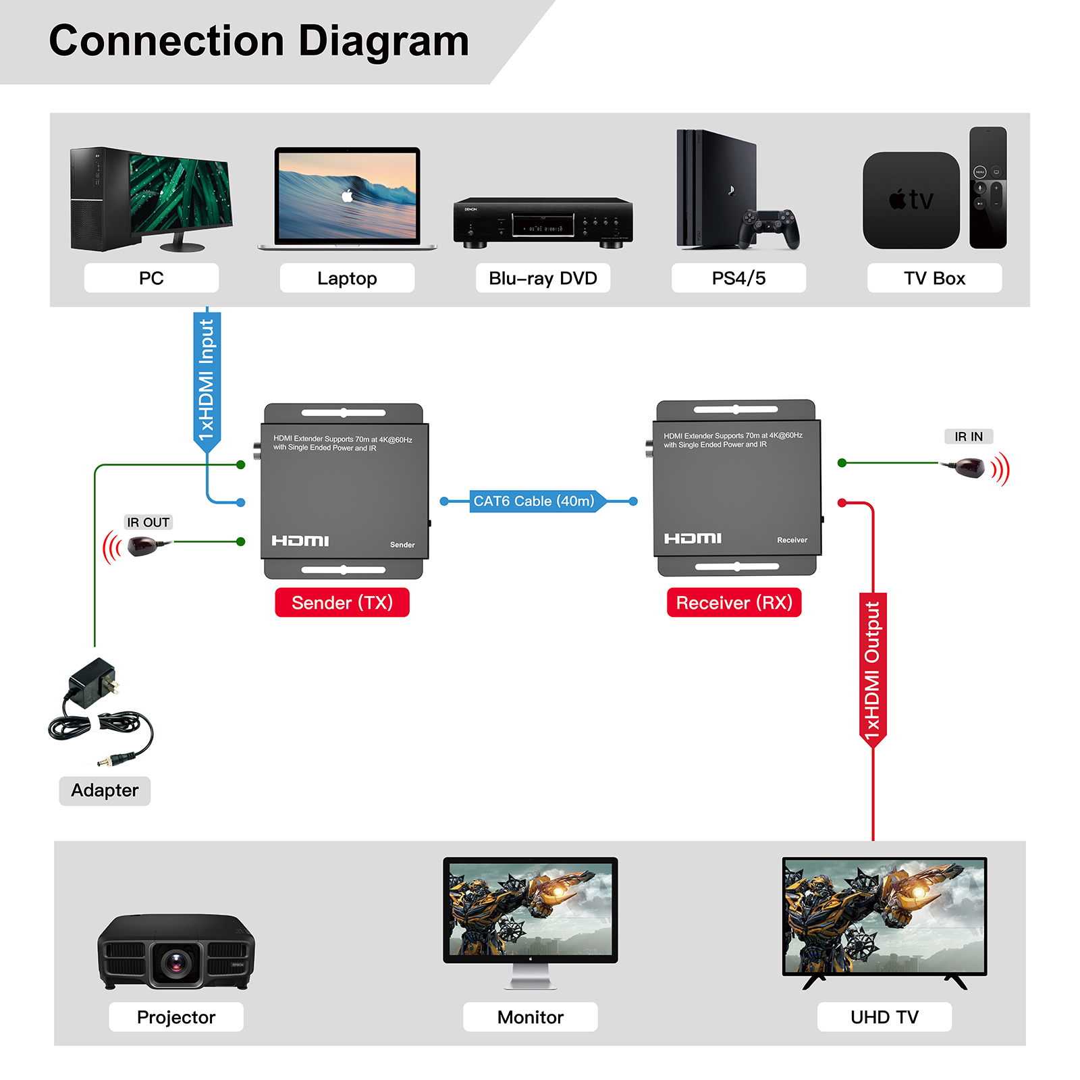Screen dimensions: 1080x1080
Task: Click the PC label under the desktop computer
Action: [151, 278]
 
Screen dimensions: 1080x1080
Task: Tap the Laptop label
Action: [347, 278]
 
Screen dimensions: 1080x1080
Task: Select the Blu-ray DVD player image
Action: [543, 223]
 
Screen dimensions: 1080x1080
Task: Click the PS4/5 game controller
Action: [768, 227]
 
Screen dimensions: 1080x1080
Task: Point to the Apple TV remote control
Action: [988, 188]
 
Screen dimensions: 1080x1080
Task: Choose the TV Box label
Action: [934, 278]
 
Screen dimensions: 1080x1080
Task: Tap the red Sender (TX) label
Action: [342, 603]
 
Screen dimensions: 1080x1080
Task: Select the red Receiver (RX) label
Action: [734, 603]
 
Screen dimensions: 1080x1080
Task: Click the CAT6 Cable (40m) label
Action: [534, 502]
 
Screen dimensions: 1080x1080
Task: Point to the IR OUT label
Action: [148, 522]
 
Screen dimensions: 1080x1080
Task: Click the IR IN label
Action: [969, 437]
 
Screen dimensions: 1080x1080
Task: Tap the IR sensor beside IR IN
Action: [969, 467]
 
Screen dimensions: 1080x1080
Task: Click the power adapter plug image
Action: [94, 683]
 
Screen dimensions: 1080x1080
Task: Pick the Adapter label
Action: [105, 790]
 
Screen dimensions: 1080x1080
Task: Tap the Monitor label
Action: [530, 1017]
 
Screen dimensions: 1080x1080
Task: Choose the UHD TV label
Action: [884, 1017]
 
